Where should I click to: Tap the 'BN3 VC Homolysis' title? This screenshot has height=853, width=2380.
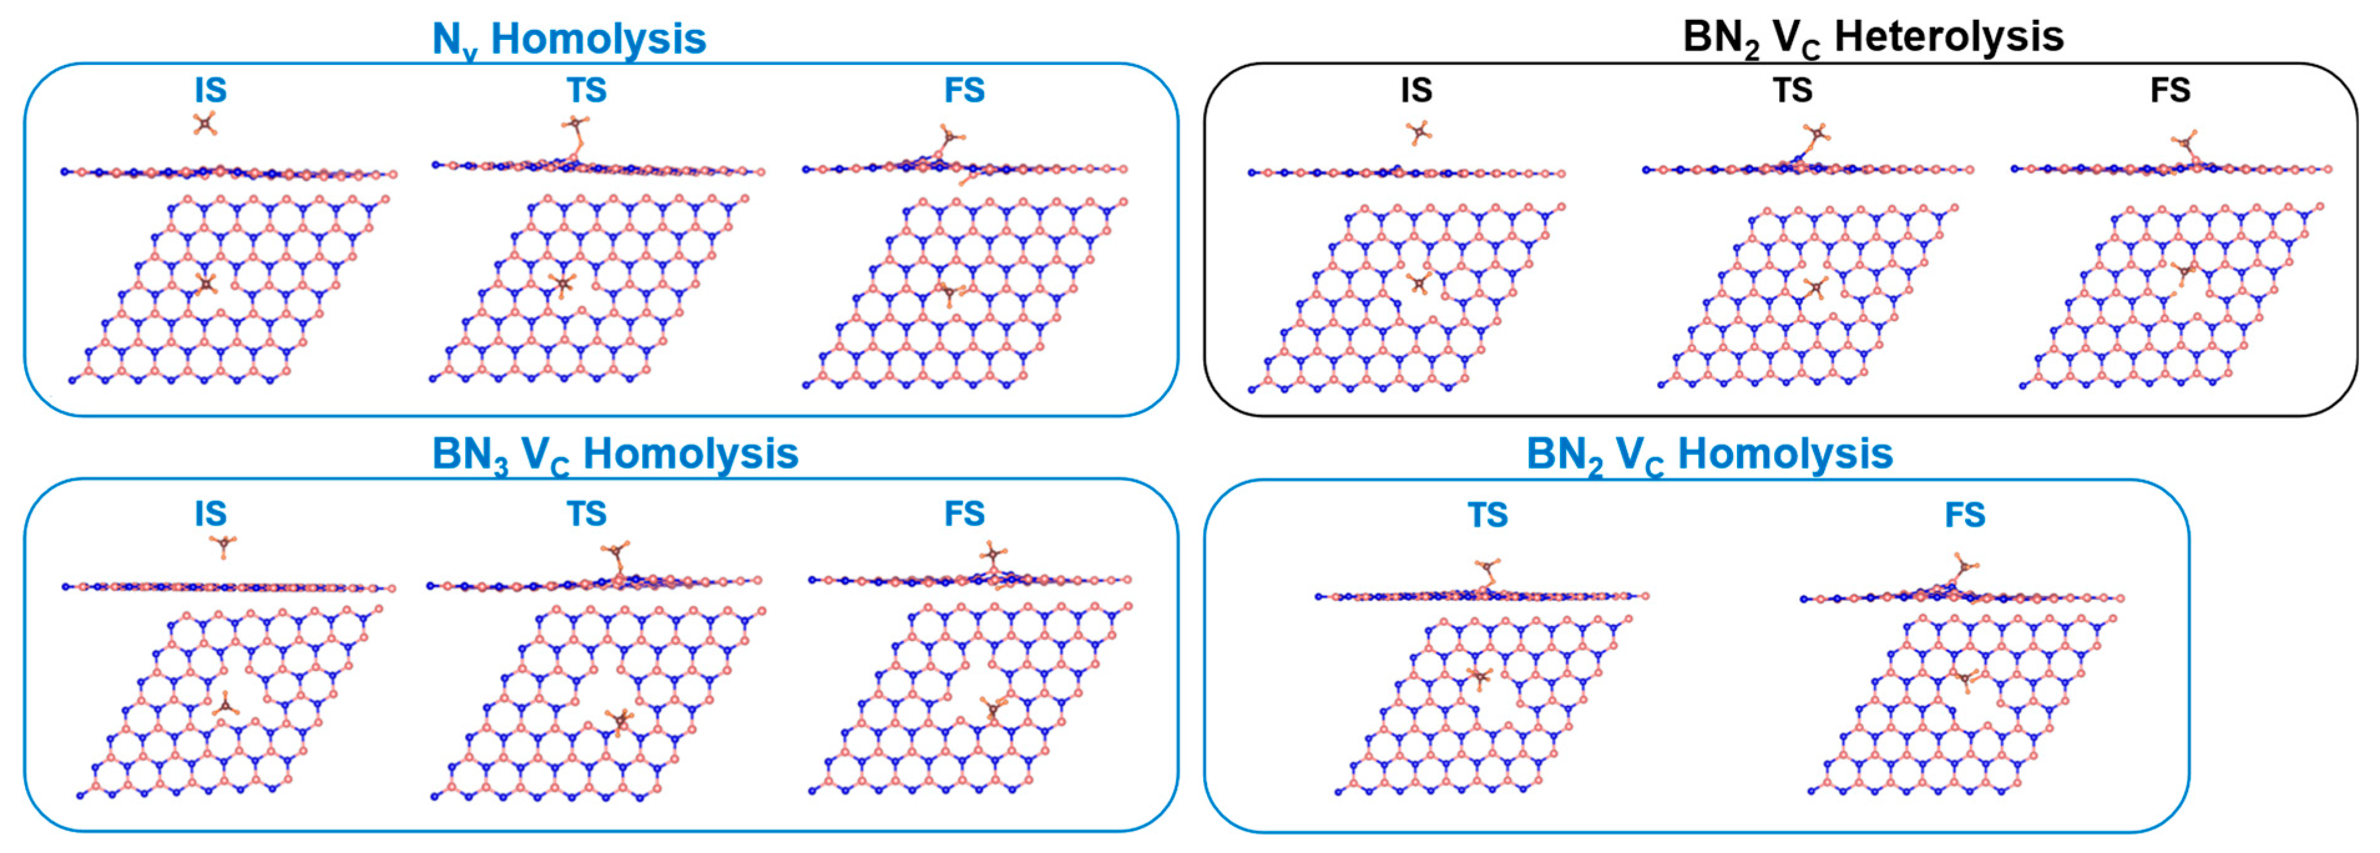tap(614, 455)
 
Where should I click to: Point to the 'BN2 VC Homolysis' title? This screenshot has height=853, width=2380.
tap(1709, 455)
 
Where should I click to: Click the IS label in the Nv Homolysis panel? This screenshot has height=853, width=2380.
tap(211, 90)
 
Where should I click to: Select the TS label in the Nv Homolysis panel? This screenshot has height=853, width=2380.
tap(586, 90)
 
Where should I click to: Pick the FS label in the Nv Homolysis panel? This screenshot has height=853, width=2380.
tap(965, 90)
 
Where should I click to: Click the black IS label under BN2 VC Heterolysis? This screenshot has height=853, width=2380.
tap(1417, 90)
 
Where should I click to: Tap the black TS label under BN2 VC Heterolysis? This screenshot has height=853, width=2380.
tap(1792, 90)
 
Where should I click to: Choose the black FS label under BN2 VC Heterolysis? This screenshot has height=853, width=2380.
tap(2170, 90)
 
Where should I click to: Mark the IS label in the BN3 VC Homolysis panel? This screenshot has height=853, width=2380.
tap(211, 514)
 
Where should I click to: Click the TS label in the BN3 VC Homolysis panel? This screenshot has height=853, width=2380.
tap(586, 514)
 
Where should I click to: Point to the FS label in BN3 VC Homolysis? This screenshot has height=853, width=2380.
tap(965, 514)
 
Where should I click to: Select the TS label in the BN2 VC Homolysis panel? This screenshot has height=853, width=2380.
tap(1488, 515)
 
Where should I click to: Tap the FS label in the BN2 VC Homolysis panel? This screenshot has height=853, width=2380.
tap(1965, 515)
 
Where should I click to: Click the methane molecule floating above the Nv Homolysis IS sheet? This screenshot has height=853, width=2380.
tap(205, 123)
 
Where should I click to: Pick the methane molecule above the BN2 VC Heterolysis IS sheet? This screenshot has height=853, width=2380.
tap(1419, 133)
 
